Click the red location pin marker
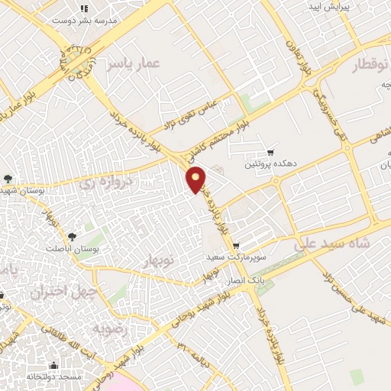coord(197,179)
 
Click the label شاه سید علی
coord(325,244)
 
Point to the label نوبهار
coord(160,262)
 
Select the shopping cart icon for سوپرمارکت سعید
coord(236,246)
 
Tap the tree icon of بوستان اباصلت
coord(73,237)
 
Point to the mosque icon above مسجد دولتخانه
coord(53,365)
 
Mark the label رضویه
coord(107,328)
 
